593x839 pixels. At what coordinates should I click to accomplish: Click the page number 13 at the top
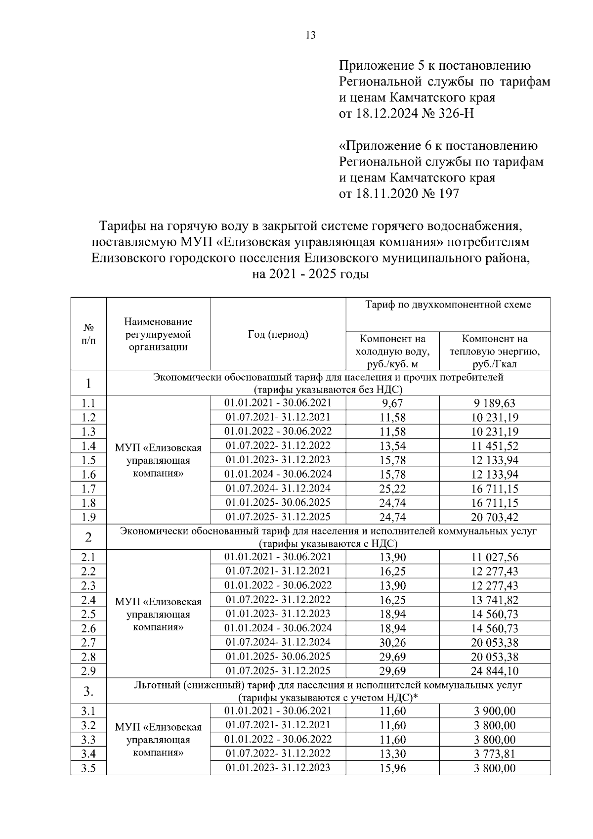click(x=310, y=36)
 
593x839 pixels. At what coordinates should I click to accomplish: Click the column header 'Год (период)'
click(x=278, y=335)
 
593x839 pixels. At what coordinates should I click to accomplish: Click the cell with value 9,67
click(x=392, y=403)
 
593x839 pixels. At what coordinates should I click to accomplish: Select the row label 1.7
click(x=88, y=489)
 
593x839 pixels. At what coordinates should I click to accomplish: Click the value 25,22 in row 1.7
click(x=392, y=489)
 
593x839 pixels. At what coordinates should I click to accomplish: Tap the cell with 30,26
click(x=392, y=643)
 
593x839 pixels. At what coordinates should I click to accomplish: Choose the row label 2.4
click(x=88, y=600)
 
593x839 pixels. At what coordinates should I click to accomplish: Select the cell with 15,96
click(x=392, y=768)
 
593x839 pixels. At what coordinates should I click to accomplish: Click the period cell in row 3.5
click(x=278, y=768)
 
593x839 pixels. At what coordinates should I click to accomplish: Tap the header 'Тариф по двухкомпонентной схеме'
click(x=448, y=305)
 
